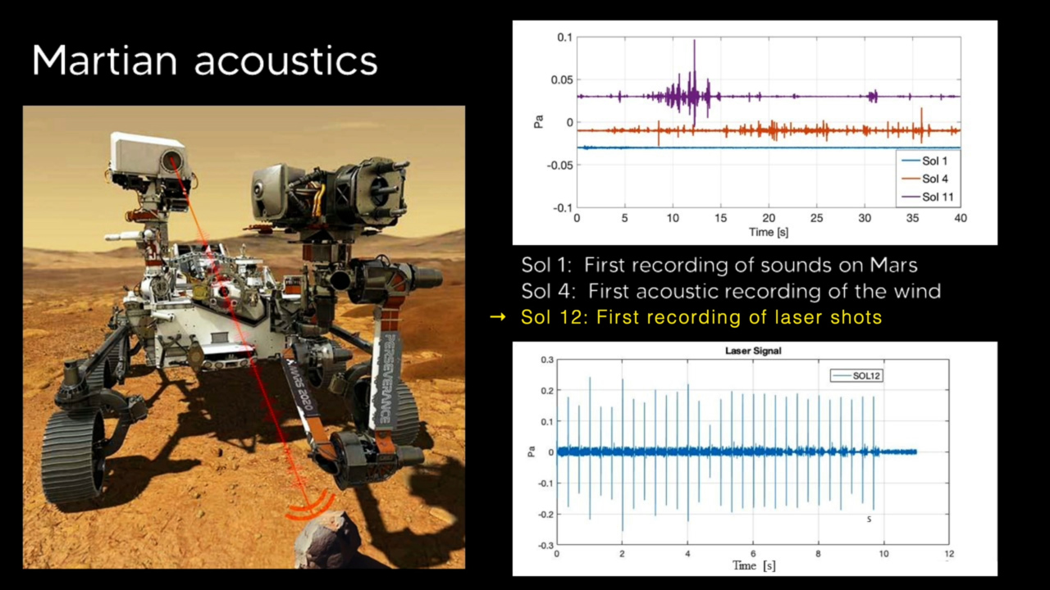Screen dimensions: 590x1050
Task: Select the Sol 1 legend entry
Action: (x=934, y=161)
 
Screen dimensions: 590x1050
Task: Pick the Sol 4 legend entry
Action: (x=934, y=179)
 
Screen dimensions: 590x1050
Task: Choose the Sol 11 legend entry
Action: (x=937, y=197)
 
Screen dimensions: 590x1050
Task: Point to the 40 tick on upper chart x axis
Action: (x=960, y=219)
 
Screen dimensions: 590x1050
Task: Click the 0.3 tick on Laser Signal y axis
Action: (x=546, y=360)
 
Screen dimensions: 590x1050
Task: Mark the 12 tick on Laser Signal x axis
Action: (x=949, y=554)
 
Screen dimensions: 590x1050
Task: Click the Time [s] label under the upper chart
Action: (x=769, y=232)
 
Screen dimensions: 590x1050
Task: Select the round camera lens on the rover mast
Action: (x=172, y=159)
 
